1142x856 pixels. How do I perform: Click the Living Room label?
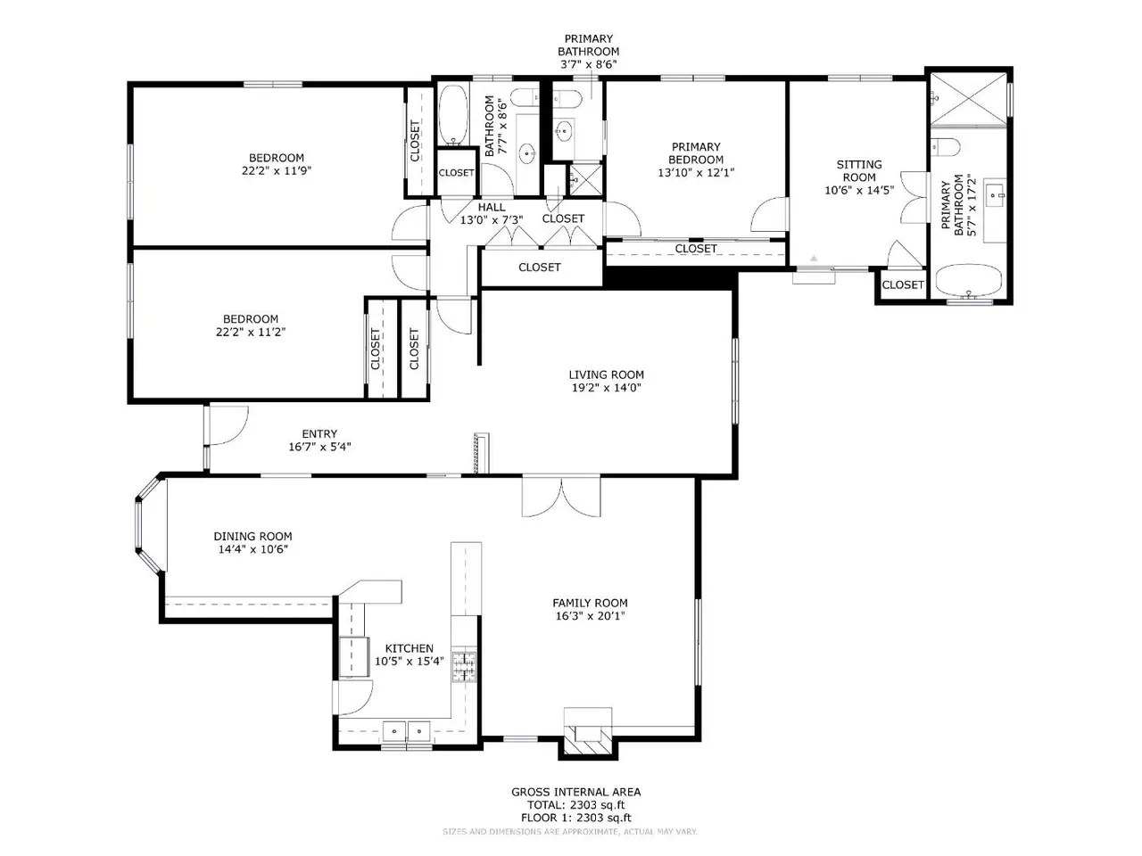coord(606,374)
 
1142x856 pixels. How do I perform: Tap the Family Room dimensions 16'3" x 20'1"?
coord(590,616)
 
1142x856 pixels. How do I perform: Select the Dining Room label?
coord(252,536)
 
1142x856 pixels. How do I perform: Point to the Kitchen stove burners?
coord(464,666)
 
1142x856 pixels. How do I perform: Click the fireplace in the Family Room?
coord(589,733)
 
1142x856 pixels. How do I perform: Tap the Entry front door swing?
coord(228,425)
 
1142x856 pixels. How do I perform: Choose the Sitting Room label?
coord(859,170)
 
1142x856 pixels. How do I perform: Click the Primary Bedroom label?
coord(696,153)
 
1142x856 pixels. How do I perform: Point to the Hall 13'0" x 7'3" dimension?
coord(492,220)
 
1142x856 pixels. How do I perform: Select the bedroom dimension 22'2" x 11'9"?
coord(277,170)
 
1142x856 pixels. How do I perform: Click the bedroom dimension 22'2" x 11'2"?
coord(251,332)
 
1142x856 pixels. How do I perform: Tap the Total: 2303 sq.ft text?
coord(576,805)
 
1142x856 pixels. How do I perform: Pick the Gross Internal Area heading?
coord(576,792)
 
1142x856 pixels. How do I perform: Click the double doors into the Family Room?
coord(561,497)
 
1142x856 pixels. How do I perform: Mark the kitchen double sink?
coord(406,730)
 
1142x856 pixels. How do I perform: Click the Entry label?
coord(319,433)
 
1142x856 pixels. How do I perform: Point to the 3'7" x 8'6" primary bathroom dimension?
coord(589,64)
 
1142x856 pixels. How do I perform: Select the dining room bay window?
coord(149,525)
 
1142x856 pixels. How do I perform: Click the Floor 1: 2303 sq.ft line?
coord(576,818)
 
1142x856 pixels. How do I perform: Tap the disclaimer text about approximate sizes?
coord(570,832)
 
